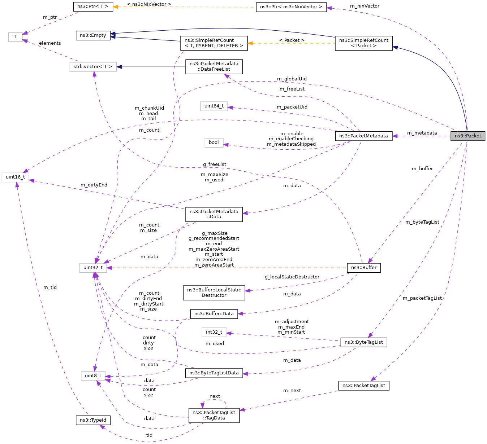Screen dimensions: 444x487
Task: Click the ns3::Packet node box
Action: (467, 136)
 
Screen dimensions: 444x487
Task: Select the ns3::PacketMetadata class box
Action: (363, 136)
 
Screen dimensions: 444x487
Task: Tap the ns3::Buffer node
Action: (363, 268)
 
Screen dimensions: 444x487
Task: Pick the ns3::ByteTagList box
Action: (363, 342)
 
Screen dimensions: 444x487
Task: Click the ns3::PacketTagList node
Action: (363, 386)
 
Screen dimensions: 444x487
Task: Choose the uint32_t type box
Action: (93, 268)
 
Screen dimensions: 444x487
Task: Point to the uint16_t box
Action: (15, 177)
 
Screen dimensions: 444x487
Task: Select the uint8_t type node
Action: (93, 376)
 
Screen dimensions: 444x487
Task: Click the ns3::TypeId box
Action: (93, 420)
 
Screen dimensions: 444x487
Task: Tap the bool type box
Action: (214, 142)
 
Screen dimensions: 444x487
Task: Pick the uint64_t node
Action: (214, 106)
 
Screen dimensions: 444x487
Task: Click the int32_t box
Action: (214, 332)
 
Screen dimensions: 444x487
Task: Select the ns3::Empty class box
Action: (93, 35)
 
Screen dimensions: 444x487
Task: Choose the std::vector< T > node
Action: (93, 67)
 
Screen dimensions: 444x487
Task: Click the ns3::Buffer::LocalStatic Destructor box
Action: (214, 293)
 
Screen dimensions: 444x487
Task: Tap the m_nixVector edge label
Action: (365, 6)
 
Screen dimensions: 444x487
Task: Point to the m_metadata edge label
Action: (422, 133)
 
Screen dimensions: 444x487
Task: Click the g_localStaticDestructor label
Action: (292, 277)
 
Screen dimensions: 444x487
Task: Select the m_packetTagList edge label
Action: (422, 298)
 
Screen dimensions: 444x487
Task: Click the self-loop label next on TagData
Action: (215, 396)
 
